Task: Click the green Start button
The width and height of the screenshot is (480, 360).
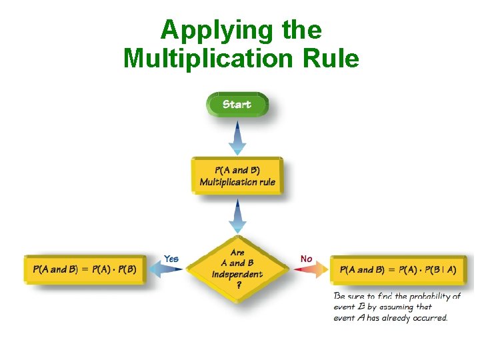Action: (237, 105)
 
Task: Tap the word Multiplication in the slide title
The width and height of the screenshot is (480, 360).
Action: (207, 59)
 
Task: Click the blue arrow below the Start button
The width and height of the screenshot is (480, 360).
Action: (237, 138)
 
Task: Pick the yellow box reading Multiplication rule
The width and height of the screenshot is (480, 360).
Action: (237, 176)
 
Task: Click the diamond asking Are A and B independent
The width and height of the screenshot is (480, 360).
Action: (237, 269)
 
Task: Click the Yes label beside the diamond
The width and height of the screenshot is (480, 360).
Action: (171, 259)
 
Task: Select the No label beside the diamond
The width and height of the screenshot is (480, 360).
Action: (307, 259)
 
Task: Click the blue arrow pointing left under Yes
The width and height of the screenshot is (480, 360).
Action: (165, 269)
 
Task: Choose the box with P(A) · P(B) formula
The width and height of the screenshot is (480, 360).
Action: (85, 269)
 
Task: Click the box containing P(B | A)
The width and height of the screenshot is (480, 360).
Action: (398, 269)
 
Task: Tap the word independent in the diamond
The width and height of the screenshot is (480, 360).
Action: (237, 274)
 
